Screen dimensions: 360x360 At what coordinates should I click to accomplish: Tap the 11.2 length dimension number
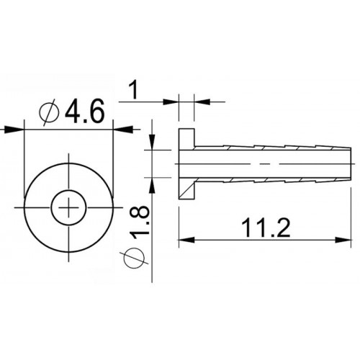pyautogui.click(x=266, y=228)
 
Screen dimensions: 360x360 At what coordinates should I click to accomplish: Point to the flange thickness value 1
pyautogui.click(x=133, y=90)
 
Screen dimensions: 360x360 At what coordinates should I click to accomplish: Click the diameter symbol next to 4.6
pyautogui.click(x=50, y=112)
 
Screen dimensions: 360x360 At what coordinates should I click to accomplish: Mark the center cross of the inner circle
pyautogui.click(x=69, y=207)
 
